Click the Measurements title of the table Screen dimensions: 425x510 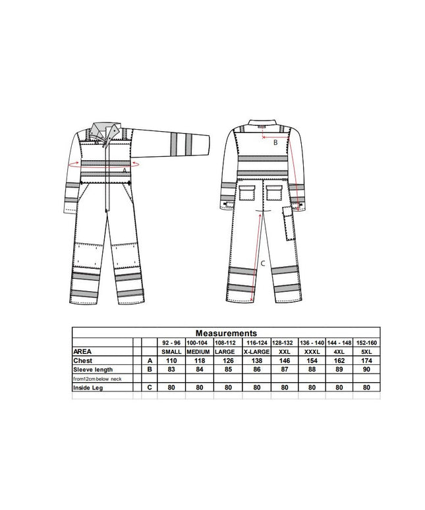226,333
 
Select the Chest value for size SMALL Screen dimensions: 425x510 171,360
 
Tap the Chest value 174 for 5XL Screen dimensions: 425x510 366,360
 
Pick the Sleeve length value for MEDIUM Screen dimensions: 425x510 200,369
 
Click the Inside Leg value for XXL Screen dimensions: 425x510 285,387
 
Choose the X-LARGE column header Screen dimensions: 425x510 256,352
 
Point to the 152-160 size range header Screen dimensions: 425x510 366,343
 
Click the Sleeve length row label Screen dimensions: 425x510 93,370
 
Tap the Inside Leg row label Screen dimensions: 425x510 88,387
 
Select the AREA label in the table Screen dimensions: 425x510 82,352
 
